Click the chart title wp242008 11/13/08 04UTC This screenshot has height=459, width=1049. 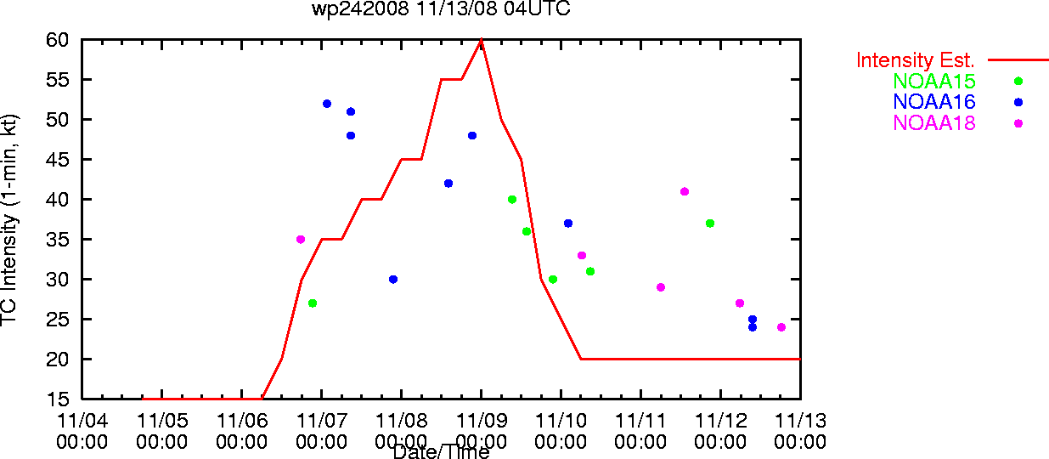(441, 8)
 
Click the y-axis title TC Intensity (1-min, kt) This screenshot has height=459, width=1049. (9, 220)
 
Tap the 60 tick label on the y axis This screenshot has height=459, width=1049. (58, 40)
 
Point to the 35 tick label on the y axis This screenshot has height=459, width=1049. (58, 240)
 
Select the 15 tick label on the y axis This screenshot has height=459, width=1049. (58, 399)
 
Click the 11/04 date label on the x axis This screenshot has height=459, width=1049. (82, 421)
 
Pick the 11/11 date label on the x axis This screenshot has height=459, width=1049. (640, 421)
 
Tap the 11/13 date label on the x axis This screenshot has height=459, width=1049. (800, 421)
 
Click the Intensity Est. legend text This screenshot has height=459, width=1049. (915, 60)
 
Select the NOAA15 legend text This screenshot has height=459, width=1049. (934, 81)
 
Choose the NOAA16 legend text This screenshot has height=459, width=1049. (934, 102)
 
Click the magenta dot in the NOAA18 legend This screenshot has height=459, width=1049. (1018, 124)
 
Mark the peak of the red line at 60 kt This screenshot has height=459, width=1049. (482, 40)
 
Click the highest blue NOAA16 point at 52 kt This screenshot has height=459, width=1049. (327, 104)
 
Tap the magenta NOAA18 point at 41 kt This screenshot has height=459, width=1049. (685, 192)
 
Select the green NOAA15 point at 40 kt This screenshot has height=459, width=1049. (512, 200)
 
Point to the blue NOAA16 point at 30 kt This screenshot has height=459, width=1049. (393, 280)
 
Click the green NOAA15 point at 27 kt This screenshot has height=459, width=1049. (313, 303)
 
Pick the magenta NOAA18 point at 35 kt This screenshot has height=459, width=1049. (301, 240)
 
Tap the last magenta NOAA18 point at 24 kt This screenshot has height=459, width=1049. (781, 327)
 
